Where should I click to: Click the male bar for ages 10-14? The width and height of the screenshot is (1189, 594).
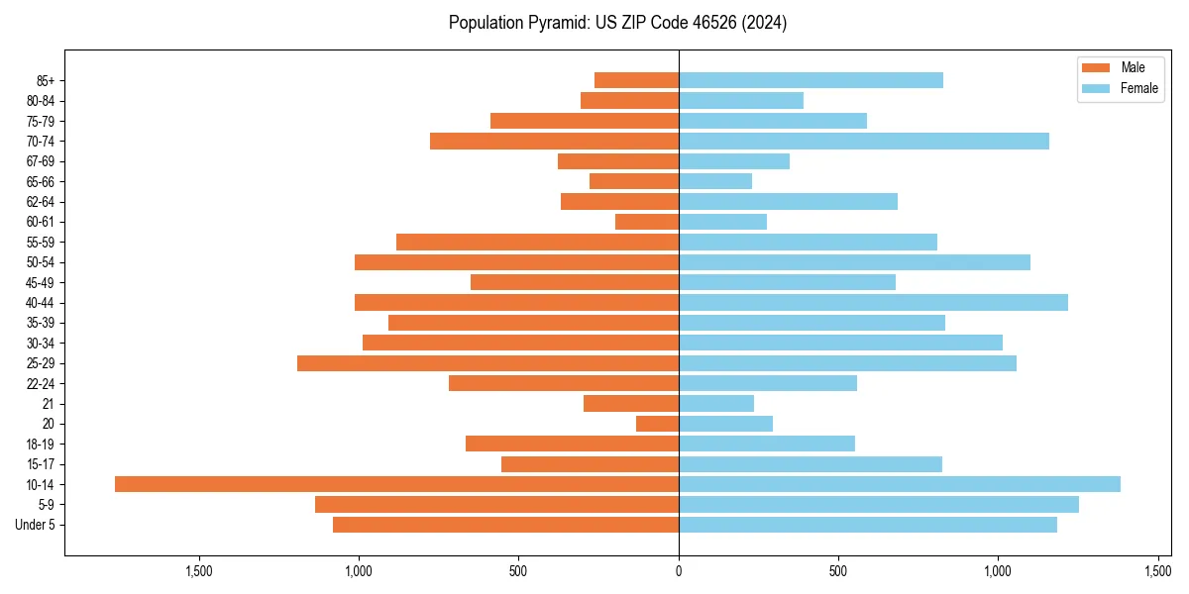396,484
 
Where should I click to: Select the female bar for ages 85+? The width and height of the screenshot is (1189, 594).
811,80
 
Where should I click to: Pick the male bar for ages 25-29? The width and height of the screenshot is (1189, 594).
487,363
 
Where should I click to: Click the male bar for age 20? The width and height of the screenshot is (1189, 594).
657,424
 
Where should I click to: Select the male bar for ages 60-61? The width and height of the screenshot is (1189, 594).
647,222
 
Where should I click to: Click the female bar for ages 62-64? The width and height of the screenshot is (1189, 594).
788,202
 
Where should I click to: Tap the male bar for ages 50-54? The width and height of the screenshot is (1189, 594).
516,262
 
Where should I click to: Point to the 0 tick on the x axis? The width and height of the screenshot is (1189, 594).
679,571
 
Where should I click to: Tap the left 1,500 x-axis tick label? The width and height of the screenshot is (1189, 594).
199,571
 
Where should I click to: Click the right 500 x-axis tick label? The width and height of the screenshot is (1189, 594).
838,571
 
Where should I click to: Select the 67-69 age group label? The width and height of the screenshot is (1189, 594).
41,161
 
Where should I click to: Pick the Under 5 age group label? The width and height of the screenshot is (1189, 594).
35,525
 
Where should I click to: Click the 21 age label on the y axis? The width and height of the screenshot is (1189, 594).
49,404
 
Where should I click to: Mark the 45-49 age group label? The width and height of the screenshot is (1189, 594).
41,282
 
